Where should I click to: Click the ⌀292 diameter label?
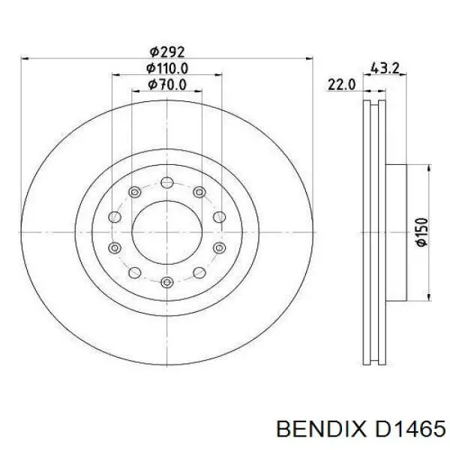[x=167, y=52]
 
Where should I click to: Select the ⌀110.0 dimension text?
[x=167, y=68]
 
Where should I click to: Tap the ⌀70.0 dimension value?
[x=167, y=85]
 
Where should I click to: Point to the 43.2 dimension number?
[x=385, y=68]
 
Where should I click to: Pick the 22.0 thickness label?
[x=341, y=85]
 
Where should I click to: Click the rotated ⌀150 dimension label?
[x=422, y=232]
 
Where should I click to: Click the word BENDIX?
[x=322, y=430]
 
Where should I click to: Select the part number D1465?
[x=410, y=430]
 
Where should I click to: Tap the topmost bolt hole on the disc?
[x=167, y=182]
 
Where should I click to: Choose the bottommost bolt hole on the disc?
[x=167, y=282]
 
